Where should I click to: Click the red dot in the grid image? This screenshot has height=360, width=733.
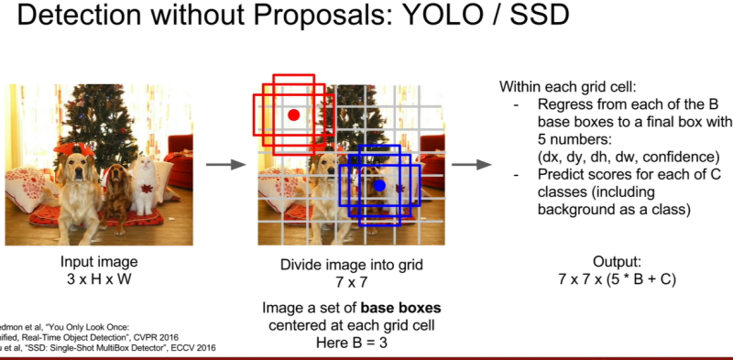(293, 115)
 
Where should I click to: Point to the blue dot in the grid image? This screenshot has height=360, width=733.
(379, 185)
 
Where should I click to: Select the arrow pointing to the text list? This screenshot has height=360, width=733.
(468, 165)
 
